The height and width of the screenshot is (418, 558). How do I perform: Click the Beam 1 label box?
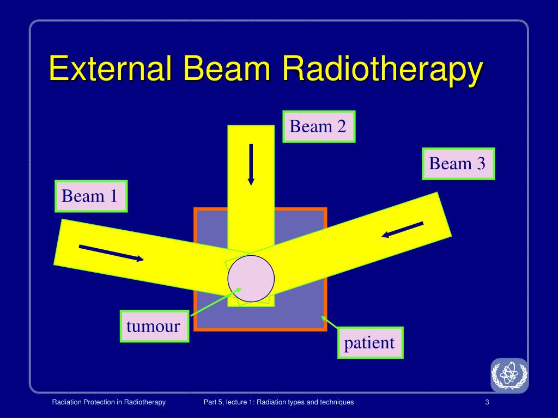coord(90,196)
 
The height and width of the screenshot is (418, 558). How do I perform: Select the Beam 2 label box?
coord(319,127)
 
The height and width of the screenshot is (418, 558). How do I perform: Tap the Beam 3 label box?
coord(458,163)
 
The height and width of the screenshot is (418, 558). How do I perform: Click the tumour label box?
coord(154,327)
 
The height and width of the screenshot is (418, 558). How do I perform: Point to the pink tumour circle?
coord(251,279)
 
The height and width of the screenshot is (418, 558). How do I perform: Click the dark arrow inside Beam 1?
coord(112,254)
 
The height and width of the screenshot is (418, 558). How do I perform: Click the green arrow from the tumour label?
coord(210,303)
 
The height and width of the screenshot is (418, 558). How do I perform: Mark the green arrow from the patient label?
coord(330,322)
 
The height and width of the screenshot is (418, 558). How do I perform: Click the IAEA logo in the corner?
coord(509,375)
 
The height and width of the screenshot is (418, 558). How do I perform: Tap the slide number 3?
coord(486,402)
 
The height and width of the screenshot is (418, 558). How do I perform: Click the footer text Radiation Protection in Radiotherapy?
coord(108,402)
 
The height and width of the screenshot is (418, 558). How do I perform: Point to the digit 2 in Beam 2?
coord(341,127)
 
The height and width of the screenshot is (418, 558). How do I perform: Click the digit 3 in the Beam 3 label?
coord(481,163)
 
